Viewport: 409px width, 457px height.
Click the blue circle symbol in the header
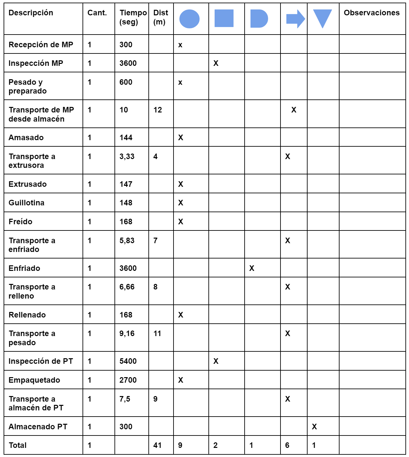[189, 19]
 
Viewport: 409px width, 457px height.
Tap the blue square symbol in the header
[224, 18]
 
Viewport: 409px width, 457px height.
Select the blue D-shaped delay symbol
[259, 19]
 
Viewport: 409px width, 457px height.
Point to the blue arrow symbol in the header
[295, 19]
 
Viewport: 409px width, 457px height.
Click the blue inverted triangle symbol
[323, 18]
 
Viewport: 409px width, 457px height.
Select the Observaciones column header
[371, 13]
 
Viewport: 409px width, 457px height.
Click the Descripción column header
[31, 13]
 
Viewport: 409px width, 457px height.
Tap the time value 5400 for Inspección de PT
[128, 361]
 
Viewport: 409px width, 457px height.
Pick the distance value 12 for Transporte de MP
[158, 110]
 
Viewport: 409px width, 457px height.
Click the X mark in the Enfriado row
[252, 268]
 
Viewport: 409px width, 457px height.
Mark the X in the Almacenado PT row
[314, 427]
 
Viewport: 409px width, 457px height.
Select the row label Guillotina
[26, 203]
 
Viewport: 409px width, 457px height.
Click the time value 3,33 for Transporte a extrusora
[127, 156]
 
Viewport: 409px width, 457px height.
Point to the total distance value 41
[158, 445]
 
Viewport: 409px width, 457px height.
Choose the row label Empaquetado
[34, 380]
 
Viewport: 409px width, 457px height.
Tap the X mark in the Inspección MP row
[216, 63]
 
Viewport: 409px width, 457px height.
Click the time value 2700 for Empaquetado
[128, 380]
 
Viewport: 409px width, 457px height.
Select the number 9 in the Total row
[180, 445]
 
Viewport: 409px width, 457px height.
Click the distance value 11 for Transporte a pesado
[157, 333]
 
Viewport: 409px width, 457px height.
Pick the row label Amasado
[26, 138]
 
